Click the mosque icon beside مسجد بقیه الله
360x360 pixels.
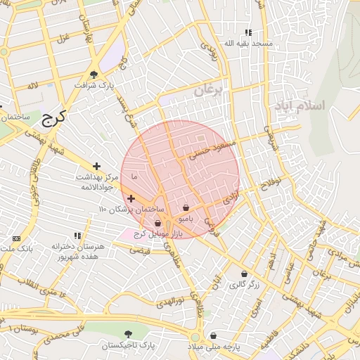click(x=247, y=32)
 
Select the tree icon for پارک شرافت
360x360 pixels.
click(x=94, y=75)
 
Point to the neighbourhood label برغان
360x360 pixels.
click(x=208, y=90)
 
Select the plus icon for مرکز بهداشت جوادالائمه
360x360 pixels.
click(x=96, y=166)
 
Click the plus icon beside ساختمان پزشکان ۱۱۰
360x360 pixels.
click(x=131, y=199)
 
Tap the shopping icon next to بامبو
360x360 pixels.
click(x=186, y=208)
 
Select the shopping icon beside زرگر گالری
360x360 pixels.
click(x=244, y=274)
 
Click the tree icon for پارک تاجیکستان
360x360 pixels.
click(x=127, y=334)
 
